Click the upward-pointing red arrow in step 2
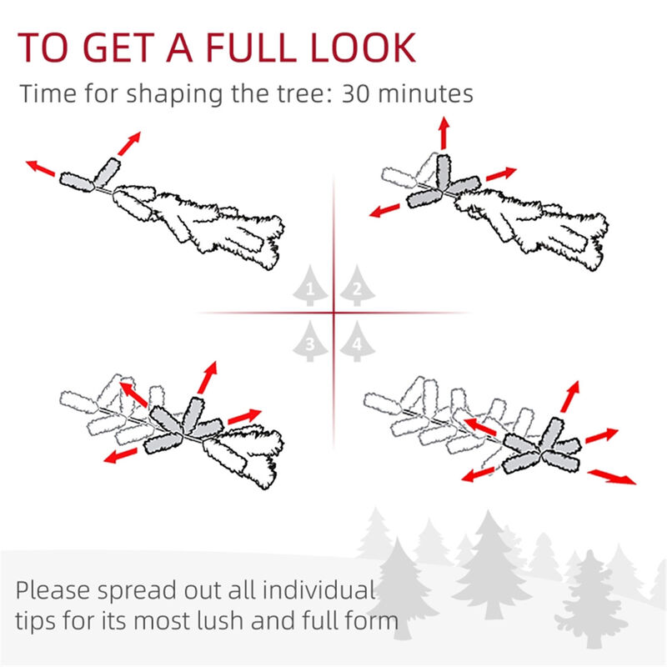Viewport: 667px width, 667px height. point(444,133)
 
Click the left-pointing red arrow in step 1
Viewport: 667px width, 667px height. point(41,168)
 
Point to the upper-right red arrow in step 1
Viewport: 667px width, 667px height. point(128,143)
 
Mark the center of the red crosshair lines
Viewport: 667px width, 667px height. point(333,313)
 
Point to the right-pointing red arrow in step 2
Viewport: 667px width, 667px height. point(502,173)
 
